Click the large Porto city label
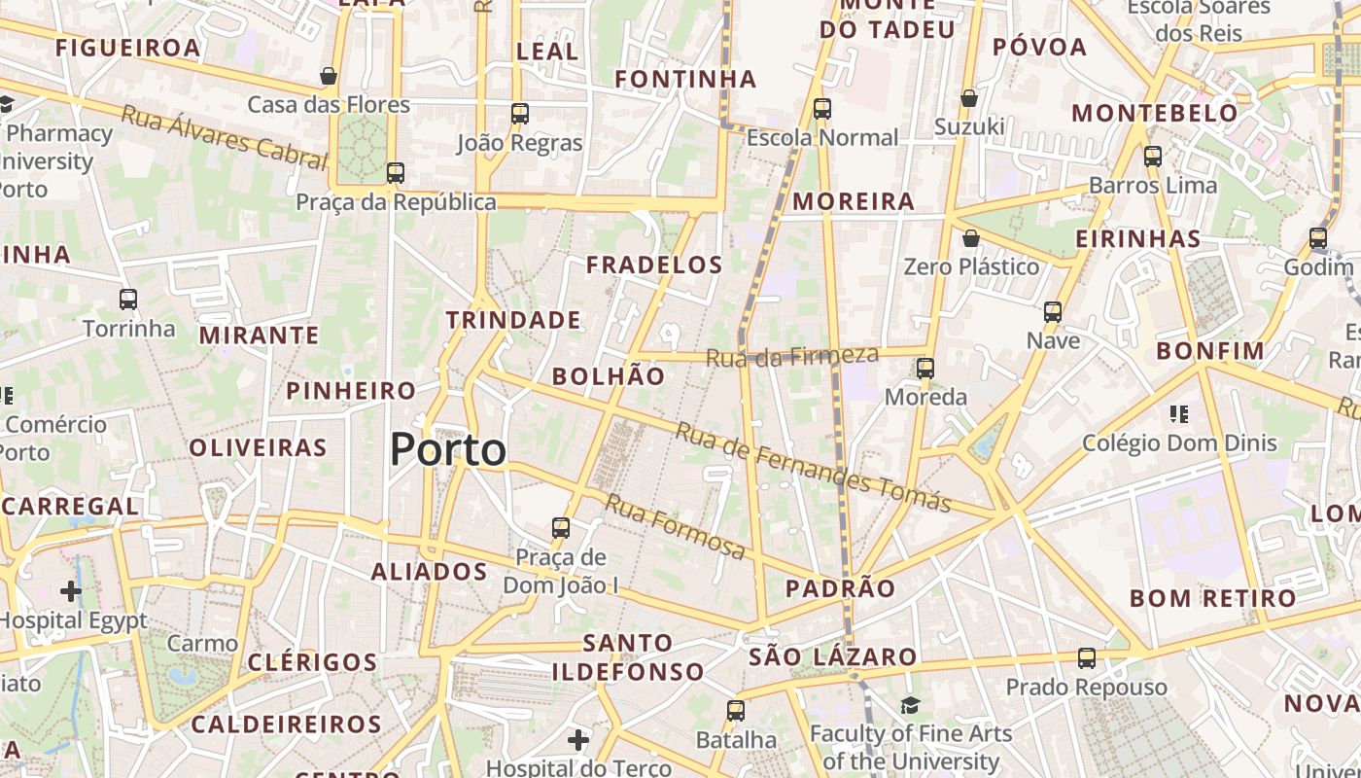[x=448, y=450]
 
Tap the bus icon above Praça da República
[x=395, y=173]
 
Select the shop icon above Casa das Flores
[x=329, y=76]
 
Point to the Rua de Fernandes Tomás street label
[x=813, y=468]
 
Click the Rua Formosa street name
[x=676, y=526]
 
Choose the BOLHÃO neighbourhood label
[x=609, y=376]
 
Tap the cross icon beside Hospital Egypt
[x=71, y=590]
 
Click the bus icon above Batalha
[x=736, y=711]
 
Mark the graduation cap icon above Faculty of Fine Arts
[x=910, y=705]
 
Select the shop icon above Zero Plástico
[x=970, y=238]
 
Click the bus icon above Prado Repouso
[x=1086, y=658]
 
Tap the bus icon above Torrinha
[x=128, y=300]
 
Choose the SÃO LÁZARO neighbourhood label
[x=833, y=657]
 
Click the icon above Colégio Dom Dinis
[x=1179, y=414]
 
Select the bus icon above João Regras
[x=520, y=114]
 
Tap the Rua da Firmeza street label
[x=791, y=357]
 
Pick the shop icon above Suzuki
[x=969, y=98]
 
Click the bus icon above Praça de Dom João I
[x=561, y=528]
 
